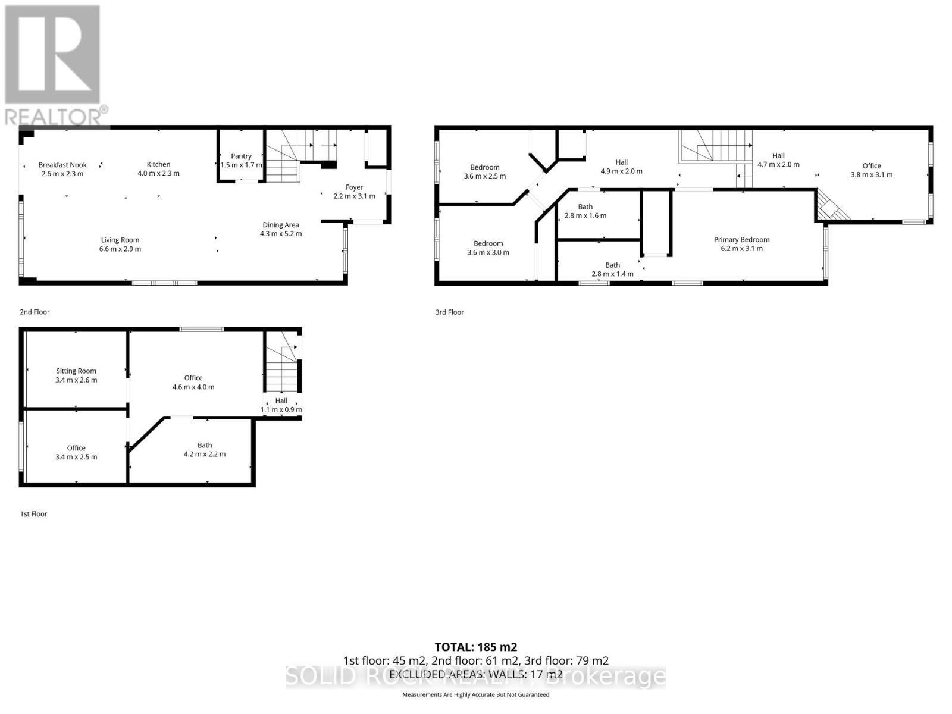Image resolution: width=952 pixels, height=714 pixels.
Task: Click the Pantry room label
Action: pyautogui.click(x=241, y=156)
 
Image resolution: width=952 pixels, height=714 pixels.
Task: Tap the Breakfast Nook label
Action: pyautogui.click(x=62, y=165)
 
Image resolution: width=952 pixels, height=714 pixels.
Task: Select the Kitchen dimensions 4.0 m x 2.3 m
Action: pyautogui.click(x=158, y=174)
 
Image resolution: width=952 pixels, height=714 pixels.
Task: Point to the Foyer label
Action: pyautogui.click(x=354, y=187)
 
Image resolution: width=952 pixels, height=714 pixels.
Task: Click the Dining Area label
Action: pyautogui.click(x=281, y=225)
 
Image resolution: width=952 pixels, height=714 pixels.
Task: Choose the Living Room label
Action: pyautogui.click(x=120, y=240)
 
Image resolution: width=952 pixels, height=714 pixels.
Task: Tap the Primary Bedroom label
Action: pyautogui.click(x=741, y=240)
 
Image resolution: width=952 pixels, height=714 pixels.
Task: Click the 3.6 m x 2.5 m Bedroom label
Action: pyautogui.click(x=485, y=172)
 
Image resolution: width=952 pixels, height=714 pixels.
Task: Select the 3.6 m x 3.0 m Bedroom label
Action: pyautogui.click(x=488, y=248)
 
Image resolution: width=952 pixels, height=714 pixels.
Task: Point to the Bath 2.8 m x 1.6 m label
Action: pyautogui.click(x=585, y=211)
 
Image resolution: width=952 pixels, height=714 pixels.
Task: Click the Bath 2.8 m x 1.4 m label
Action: pyautogui.click(x=612, y=270)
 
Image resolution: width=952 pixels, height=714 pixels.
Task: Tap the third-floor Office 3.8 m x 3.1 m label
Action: pyautogui.click(x=871, y=170)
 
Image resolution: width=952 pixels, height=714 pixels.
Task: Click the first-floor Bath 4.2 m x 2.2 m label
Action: pyautogui.click(x=205, y=450)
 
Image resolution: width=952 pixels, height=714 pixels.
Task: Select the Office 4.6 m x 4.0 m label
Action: pyautogui.click(x=193, y=382)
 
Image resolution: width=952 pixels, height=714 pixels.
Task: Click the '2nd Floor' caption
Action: pyautogui.click(x=35, y=312)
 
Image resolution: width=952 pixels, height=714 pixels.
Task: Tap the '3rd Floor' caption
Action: pyautogui.click(x=449, y=312)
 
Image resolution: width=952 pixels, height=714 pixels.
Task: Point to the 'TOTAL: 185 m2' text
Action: pyautogui.click(x=475, y=647)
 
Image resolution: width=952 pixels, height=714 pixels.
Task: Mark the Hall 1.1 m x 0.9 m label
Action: pyautogui.click(x=281, y=405)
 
